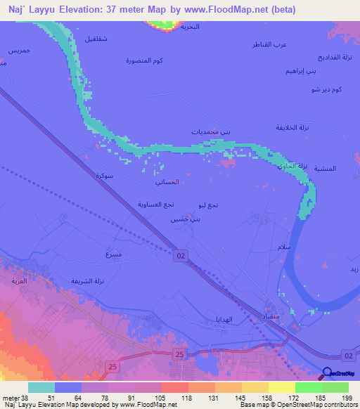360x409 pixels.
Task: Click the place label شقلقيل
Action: (x=96, y=38)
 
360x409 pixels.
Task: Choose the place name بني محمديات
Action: (x=210, y=132)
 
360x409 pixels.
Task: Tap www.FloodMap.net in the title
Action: (x=235, y=10)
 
